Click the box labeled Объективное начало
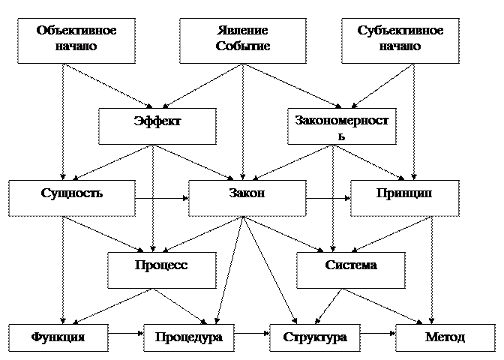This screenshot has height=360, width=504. coord(76,40)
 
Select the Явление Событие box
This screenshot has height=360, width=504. coord(242,40)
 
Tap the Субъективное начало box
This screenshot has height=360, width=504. coord(400,40)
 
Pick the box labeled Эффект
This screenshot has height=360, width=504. coord(157,126)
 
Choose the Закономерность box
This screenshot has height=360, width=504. coord(341,126)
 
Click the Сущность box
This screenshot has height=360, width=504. coord(72,198)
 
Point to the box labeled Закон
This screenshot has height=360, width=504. coord(247,198)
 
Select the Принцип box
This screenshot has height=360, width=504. coord(403,198)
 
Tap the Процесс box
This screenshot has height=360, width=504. coord(161,270)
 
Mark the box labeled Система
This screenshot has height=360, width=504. coord(350,270)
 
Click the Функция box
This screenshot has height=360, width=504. coord(58,337)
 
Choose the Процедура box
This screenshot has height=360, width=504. coord(188,337)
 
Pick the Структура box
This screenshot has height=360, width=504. coord(314,337)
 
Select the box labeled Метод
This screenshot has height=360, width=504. coord(445,337)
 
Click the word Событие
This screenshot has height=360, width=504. coord(242,46)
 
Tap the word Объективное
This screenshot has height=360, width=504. coord(76,31)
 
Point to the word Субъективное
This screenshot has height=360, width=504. coord(400,31)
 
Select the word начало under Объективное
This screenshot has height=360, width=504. coord(76,46)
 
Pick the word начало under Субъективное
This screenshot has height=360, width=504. coord(400,46)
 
